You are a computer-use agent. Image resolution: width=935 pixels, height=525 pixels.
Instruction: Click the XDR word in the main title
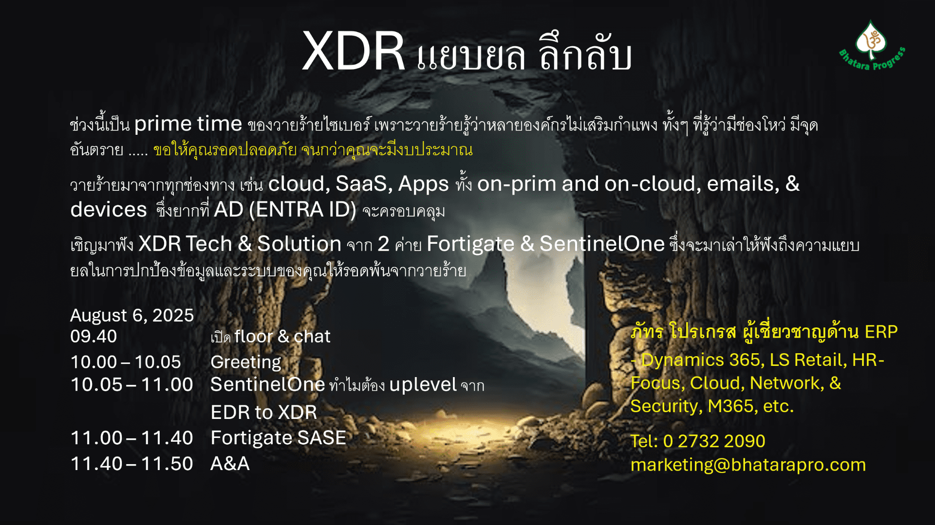[353, 52]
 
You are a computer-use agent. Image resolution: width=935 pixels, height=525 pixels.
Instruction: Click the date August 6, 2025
[132, 315]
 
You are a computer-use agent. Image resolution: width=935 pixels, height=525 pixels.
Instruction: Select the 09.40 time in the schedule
[93, 336]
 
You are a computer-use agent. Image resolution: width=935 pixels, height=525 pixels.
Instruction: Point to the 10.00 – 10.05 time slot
[126, 362]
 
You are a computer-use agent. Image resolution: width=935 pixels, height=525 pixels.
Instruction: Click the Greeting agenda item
[246, 362]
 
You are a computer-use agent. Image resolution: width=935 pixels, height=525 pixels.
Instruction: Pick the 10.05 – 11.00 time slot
[132, 384]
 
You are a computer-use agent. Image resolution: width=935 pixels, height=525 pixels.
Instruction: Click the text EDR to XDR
[263, 412]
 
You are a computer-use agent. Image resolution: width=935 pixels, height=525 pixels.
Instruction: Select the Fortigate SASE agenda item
[278, 438]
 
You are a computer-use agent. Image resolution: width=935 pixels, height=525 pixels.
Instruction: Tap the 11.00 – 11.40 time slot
[132, 438]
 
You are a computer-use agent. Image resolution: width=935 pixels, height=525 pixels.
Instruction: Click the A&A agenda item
[230, 464]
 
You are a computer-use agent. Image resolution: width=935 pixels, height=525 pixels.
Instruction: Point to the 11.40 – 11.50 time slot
[132, 464]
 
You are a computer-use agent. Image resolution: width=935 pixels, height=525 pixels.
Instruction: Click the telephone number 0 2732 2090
[714, 441]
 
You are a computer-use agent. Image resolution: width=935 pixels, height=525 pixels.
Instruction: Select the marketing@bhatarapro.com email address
[748, 465]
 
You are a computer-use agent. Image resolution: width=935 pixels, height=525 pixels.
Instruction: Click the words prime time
[188, 124]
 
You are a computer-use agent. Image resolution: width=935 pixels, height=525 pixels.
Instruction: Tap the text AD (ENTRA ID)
[285, 210]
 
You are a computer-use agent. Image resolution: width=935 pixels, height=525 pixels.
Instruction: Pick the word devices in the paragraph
[109, 210]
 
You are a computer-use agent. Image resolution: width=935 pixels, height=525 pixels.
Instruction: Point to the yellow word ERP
[881, 332]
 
